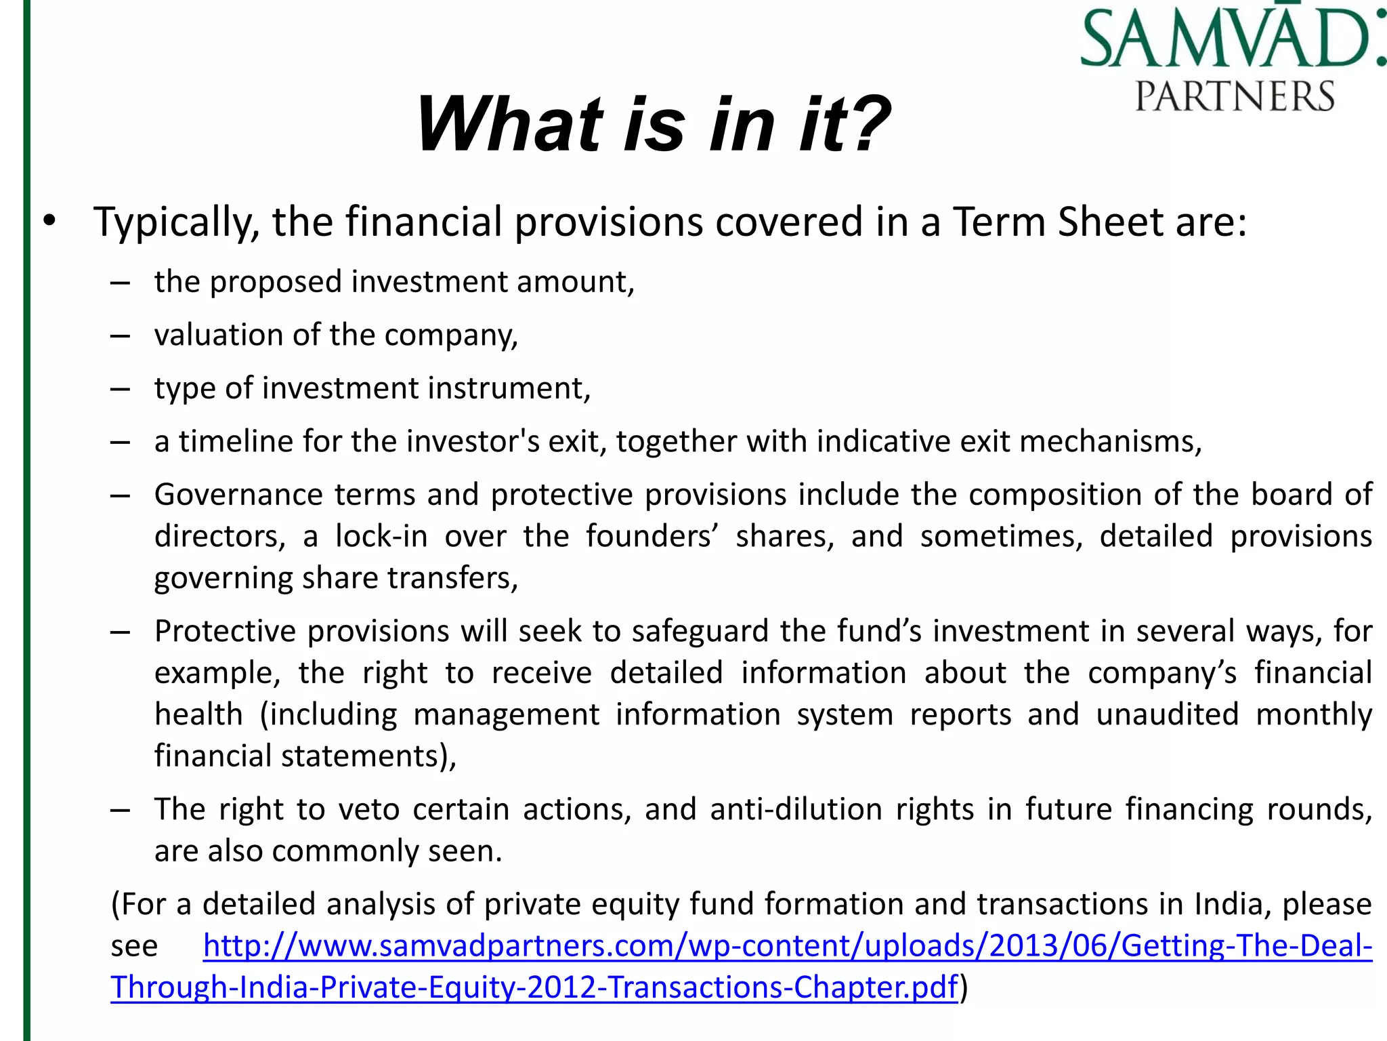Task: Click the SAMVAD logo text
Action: point(1229,38)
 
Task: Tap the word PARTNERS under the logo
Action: point(1234,96)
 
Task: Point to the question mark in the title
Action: point(863,125)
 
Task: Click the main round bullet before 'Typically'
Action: point(49,222)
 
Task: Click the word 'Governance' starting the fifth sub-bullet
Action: point(238,495)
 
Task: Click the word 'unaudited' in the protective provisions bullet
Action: point(1167,714)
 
